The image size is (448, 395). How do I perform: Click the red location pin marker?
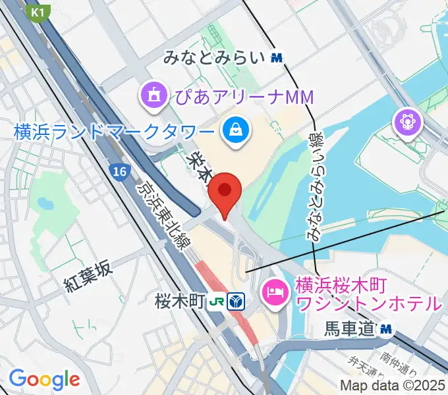pyautogui.click(x=225, y=192)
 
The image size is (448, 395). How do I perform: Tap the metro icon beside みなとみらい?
pyautogui.click(x=277, y=59)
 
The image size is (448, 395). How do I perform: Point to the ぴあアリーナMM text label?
pyautogui.click(x=243, y=98)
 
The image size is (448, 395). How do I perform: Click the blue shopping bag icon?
pyautogui.click(x=235, y=130)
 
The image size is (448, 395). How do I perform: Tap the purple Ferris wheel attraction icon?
pyautogui.click(x=406, y=122)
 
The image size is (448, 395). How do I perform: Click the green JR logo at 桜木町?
pyautogui.click(x=216, y=302)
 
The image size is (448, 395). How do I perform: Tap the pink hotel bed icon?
pyautogui.click(x=274, y=291)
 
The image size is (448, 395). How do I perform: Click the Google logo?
pyautogui.click(x=43, y=379)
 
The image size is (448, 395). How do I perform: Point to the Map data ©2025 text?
pyautogui.click(x=392, y=385)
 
